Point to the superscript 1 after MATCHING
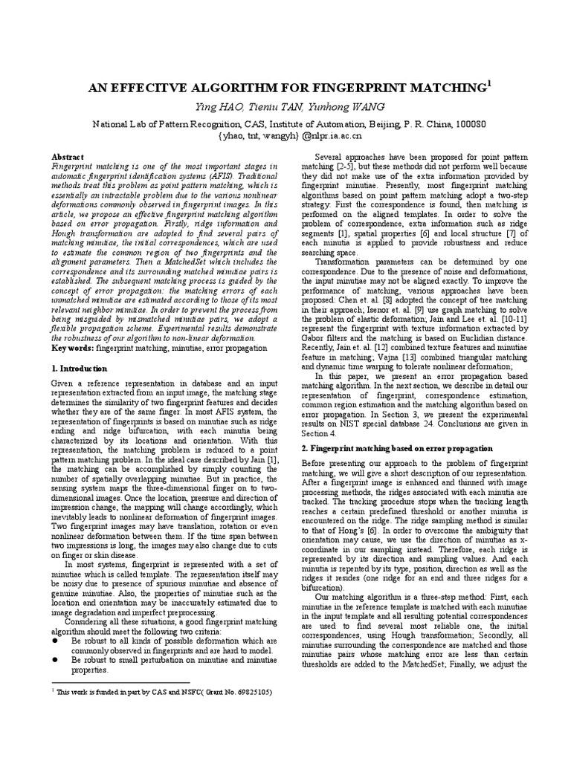[x=488, y=84]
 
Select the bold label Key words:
[x=73, y=348]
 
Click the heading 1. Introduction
[x=79, y=369]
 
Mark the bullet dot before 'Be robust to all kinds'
[x=56, y=639]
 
